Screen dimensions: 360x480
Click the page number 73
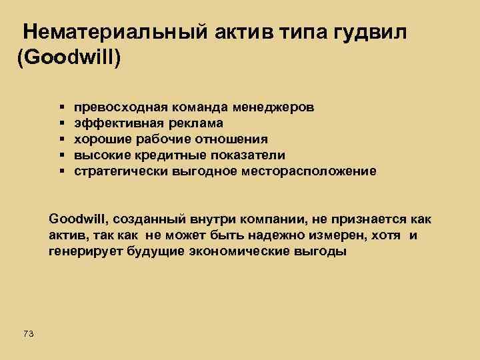pos(28,333)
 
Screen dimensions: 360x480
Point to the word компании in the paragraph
pos(251,219)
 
